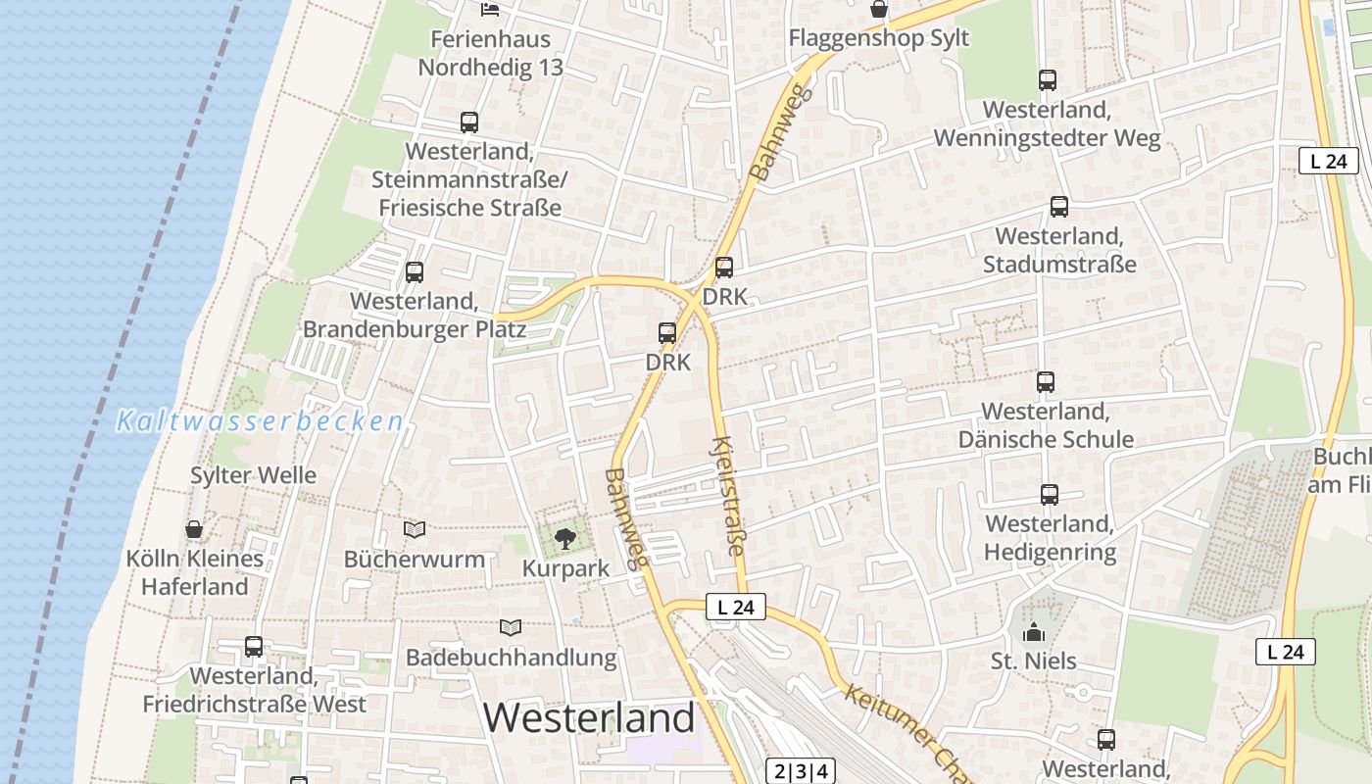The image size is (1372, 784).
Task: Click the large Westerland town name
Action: [x=589, y=718]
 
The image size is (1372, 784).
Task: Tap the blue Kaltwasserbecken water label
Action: [x=260, y=421]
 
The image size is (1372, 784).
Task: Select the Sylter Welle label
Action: [x=253, y=476]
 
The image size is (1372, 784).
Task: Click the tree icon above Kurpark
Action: [x=564, y=537]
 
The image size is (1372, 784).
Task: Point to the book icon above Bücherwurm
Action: [x=415, y=529]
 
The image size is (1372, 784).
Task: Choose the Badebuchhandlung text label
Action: [x=512, y=658]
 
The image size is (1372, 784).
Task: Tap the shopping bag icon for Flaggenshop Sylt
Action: [x=879, y=10]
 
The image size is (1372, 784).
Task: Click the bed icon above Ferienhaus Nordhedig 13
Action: [x=490, y=10]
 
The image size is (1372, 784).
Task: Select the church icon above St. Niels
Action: [x=1033, y=633]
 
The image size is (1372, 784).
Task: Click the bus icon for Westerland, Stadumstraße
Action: [x=1058, y=207]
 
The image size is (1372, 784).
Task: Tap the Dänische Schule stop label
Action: [x=1045, y=425]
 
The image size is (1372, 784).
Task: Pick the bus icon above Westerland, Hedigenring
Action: [x=1049, y=495]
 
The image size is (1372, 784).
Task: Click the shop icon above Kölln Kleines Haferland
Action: [x=194, y=530]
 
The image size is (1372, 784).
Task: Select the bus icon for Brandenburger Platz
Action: [x=415, y=272]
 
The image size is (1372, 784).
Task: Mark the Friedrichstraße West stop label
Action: [x=254, y=690]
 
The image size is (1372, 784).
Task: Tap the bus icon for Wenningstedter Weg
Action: [x=1047, y=80]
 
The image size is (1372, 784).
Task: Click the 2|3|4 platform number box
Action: [x=801, y=771]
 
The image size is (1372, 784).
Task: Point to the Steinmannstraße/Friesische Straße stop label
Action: [x=469, y=180]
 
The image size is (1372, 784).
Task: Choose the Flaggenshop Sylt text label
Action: [x=879, y=38]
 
